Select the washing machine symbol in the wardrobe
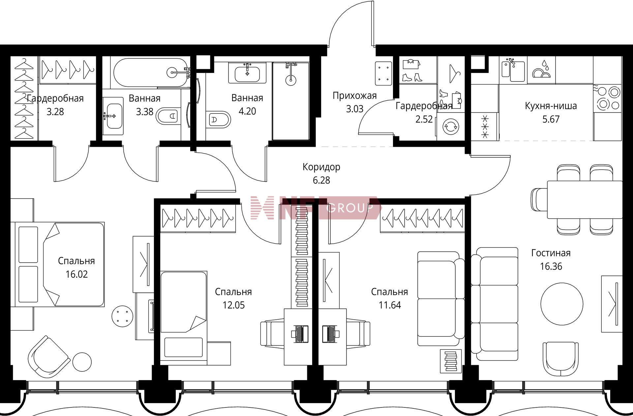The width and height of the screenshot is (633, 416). tap(450, 126)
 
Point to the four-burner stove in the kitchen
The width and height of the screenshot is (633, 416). tap(607, 98)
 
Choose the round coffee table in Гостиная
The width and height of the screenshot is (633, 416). tap(562, 304)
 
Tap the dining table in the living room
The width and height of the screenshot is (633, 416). tap(585, 199)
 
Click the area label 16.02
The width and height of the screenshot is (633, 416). tap(76, 274)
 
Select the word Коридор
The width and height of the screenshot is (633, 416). tap(321, 167)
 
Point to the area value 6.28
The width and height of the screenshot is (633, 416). tap(321, 180)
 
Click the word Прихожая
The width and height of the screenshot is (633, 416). tap(354, 96)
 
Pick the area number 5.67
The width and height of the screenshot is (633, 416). tap(551, 119)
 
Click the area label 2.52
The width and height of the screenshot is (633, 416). tap(424, 119)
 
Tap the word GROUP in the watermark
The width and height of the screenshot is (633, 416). tap(349, 208)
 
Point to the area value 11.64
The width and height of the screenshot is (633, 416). tap(390, 305)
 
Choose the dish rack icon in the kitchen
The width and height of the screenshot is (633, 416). tap(541, 70)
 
